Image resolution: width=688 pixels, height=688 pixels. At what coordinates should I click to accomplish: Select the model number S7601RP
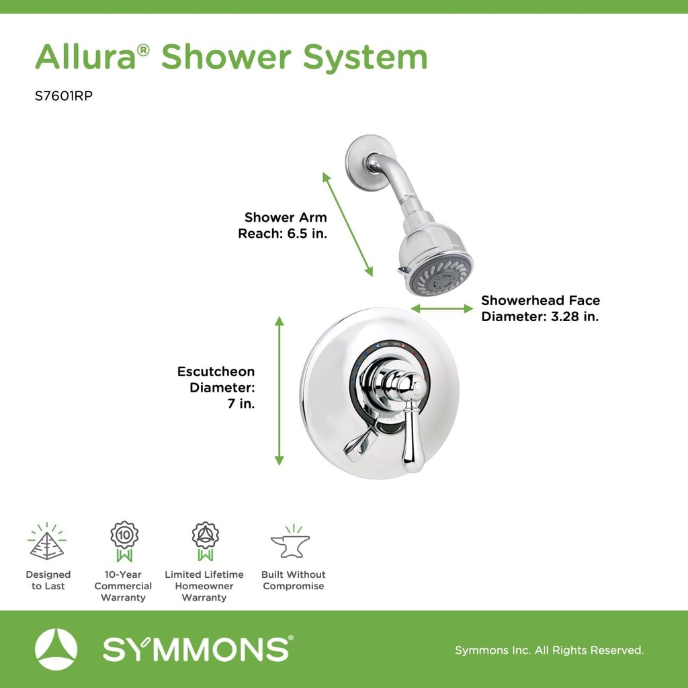(x=63, y=96)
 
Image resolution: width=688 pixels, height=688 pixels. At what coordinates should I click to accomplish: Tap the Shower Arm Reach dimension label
(x=283, y=226)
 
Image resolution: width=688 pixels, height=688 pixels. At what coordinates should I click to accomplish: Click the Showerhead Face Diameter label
(x=540, y=308)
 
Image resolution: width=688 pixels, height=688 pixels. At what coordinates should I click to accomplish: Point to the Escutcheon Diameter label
(x=216, y=388)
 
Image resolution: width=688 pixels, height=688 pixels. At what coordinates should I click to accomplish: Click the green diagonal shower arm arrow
(x=347, y=224)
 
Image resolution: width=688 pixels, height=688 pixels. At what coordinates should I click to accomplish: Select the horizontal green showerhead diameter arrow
(x=442, y=308)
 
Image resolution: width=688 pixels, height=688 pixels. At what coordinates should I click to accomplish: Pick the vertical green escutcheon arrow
(x=279, y=390)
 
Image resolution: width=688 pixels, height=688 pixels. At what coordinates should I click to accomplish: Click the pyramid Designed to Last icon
(x=47, y=543)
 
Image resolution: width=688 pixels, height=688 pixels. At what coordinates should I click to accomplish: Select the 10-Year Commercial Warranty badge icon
(x=124, y=541)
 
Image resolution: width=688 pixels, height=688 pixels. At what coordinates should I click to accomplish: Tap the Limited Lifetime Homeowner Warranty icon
(x=205, y=541)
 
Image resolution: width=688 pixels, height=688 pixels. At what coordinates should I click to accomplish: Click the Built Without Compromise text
(x=294, y=580)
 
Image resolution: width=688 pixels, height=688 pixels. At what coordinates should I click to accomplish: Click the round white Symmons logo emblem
(x=56, y=650)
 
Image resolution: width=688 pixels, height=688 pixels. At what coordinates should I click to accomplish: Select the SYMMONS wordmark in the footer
(x=197, y=650)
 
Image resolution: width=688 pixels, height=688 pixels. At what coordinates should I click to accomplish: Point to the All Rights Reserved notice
(x=550, y=650)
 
